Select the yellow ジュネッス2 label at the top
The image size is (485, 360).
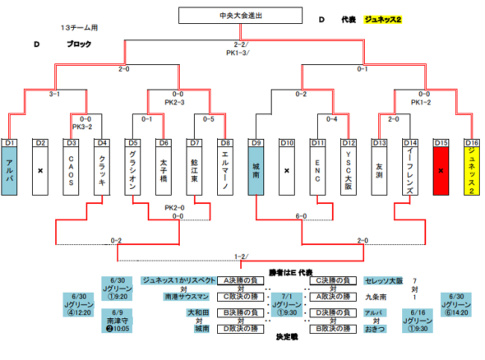pos(383,19)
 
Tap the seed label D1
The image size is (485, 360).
pos(9,142)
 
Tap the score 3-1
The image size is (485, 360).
pos(54,94)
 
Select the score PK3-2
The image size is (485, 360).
pos(82,126)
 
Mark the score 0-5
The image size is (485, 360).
pos(209,119)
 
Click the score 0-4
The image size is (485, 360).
pos(332,119)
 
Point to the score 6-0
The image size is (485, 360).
pos(301,216)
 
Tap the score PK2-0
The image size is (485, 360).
pos(175,208)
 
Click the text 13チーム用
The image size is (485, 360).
pos(79,28)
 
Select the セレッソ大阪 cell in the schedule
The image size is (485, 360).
pos(384,281)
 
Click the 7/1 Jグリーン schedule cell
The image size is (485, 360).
pos(287,305)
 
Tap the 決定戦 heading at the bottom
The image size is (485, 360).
pos(286,337)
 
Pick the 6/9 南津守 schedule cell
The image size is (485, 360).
pos(117,320)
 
